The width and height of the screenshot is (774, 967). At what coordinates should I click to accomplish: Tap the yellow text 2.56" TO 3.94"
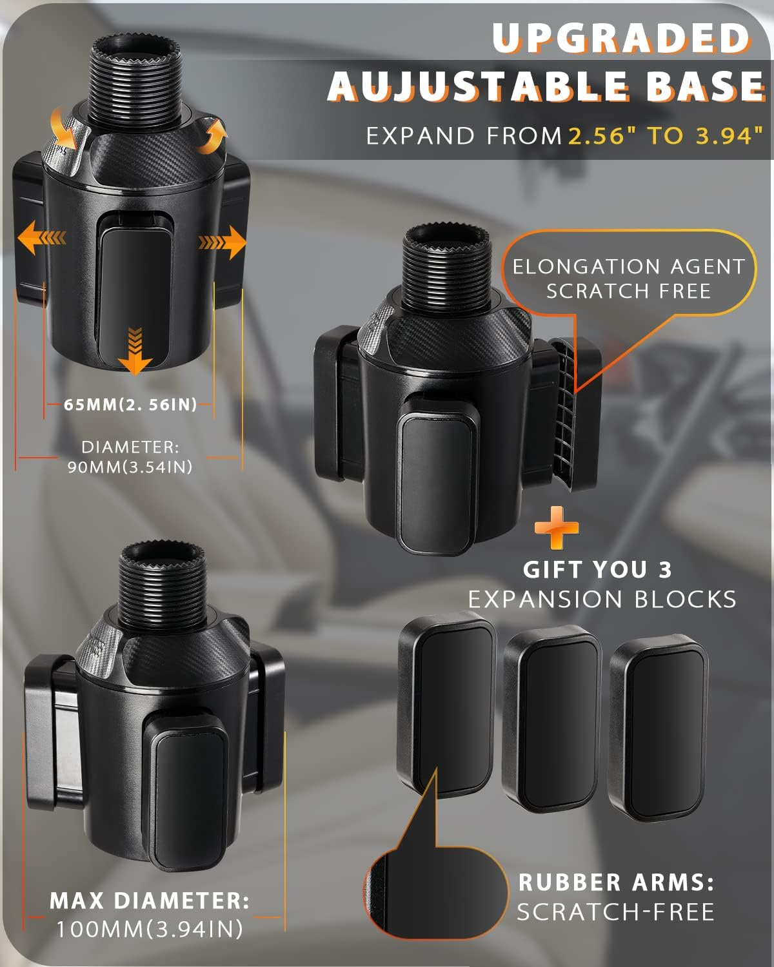[x=665, y=136]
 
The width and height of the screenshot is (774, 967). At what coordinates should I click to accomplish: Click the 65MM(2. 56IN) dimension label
[x=130, y=405]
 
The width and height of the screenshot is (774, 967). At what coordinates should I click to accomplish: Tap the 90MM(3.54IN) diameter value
[x=130, y=467]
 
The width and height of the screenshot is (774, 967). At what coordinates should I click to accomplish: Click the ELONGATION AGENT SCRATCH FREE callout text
[x=628, y=278]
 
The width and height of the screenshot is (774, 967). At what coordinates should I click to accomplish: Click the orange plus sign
[x=557, y=528]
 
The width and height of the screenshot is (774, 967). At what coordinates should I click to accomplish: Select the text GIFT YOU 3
[x=597, y=570]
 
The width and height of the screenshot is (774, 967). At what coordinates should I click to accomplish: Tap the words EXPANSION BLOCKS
[x=602, y=600]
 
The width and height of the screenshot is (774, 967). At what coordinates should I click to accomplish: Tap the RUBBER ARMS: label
[x=616, y=882]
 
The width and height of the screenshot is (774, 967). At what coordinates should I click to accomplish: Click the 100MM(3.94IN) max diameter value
[x=150, y=929]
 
